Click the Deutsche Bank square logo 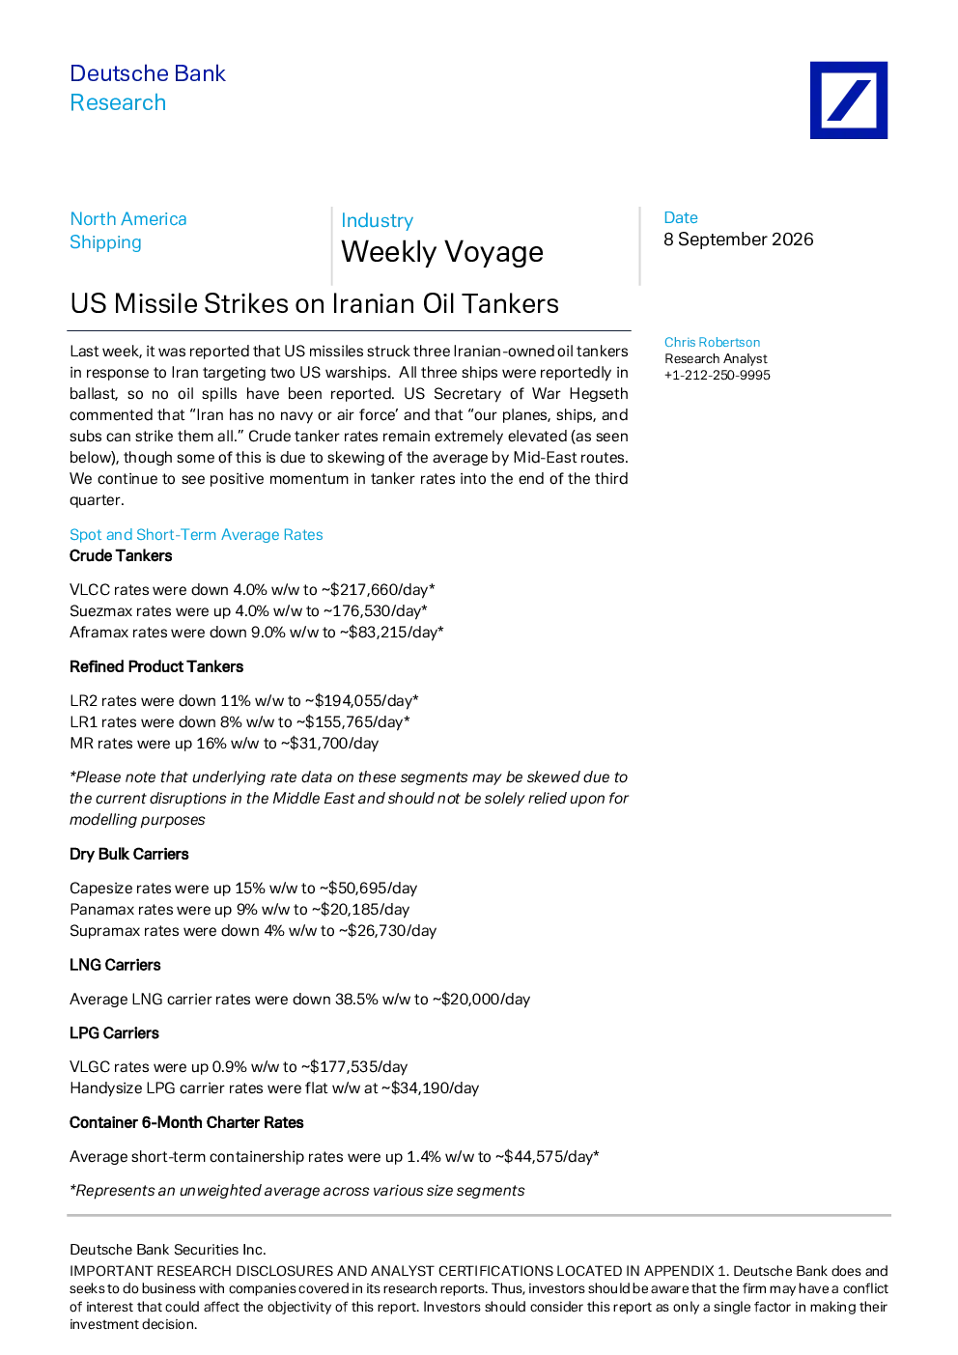849,100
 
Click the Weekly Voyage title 442,252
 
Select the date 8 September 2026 738,240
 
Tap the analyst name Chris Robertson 712,343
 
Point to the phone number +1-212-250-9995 718,375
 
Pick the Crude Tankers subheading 121,556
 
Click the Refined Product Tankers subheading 156,666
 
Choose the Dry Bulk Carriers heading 128,854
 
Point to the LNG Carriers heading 115,965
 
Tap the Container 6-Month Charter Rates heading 186,1122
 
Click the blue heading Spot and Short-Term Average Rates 196,535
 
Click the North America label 128,219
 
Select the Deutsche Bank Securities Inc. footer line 167,1250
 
